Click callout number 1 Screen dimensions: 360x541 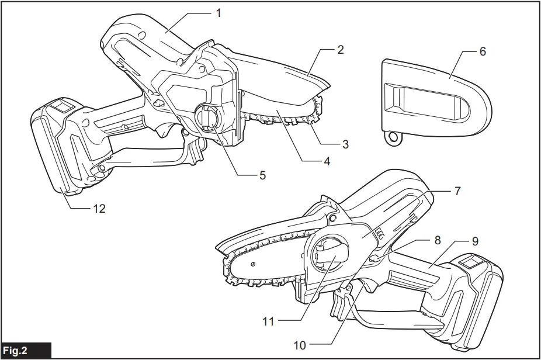[219, 12]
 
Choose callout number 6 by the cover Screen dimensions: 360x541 [483, 51]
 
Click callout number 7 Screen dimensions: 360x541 [457, 191]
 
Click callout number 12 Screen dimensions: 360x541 [99, 208]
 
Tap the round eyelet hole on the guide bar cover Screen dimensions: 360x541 [394, 138]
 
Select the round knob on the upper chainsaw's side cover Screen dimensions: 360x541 [206, 117]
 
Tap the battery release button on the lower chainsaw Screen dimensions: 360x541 [470, 262]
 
